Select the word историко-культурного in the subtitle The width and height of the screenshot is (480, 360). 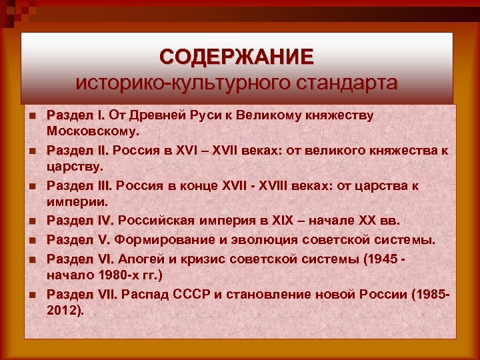pyautogui.click(x=179, y=83)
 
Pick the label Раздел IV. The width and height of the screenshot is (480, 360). pyautogui.click(x=80, y=221)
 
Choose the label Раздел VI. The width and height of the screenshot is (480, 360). pyautogui.click(x=80, y=257)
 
